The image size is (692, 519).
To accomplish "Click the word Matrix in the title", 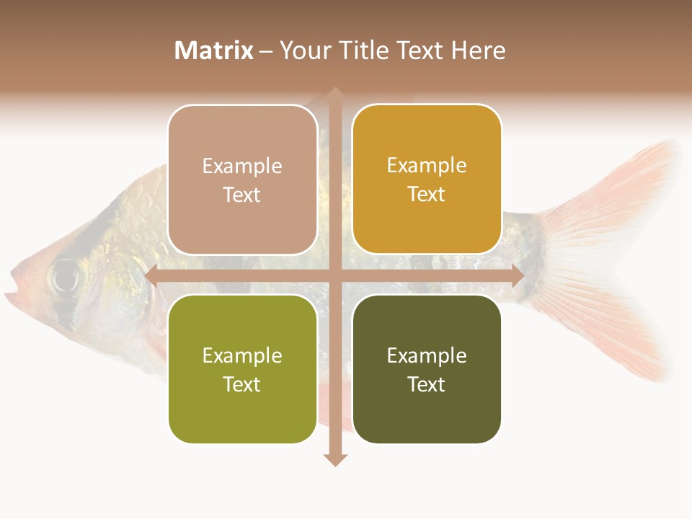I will (x=214, y=50).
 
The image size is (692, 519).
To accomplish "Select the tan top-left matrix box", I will (x=242, y=179).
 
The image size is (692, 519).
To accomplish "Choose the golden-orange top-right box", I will (x=427, y=179).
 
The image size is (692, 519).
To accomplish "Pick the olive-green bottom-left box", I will (x=242, y=369).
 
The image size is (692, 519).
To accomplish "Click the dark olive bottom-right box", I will (x=427, y=369).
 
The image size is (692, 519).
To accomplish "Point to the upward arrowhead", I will (x=334, y=92).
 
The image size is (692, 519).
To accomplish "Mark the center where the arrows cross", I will (x=334, y=276).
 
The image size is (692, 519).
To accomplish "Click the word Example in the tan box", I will (x=242, y=166).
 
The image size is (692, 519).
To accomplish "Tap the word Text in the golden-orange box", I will (x=427, y=194).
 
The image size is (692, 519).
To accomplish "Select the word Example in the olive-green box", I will (x=242, y=355).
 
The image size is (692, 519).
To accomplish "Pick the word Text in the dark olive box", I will (x=427, y=384).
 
